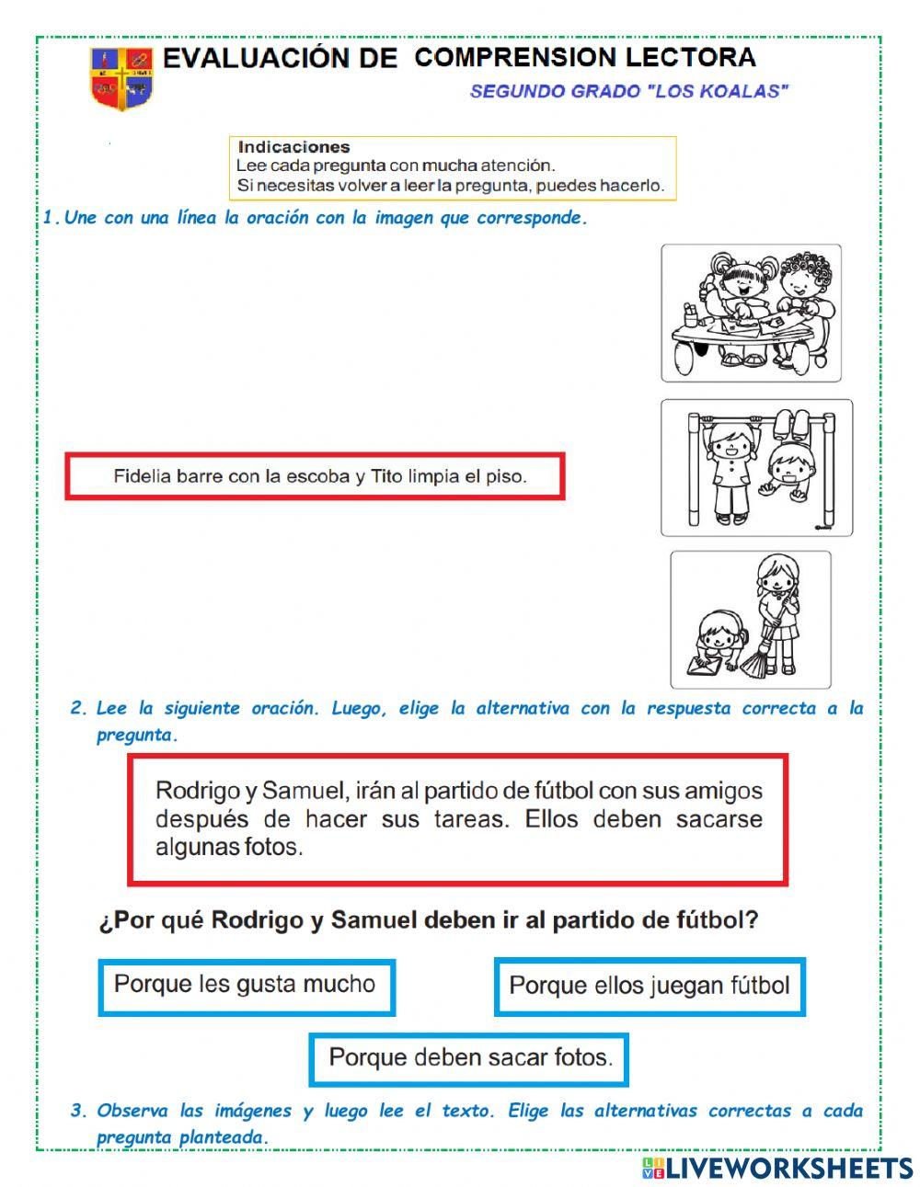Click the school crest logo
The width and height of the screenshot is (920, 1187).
coord(121,78)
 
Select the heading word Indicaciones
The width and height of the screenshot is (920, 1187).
coord(293,147)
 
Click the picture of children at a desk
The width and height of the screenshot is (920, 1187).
coord(751,313)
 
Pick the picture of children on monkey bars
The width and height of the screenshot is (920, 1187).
coord(755,467)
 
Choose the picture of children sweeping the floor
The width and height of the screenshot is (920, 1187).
coord(750,619)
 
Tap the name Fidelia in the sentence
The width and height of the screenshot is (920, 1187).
coord(143,476)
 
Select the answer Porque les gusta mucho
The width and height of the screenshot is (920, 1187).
coord(246,986)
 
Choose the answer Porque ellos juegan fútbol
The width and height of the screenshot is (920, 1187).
coord(649,987)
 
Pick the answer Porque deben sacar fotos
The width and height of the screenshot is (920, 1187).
coord(469,1058)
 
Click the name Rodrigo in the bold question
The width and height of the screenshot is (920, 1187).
coord(258,920)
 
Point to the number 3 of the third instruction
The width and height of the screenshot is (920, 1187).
coord(77,1111)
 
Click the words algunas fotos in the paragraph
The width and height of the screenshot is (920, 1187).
coord(229,847)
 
